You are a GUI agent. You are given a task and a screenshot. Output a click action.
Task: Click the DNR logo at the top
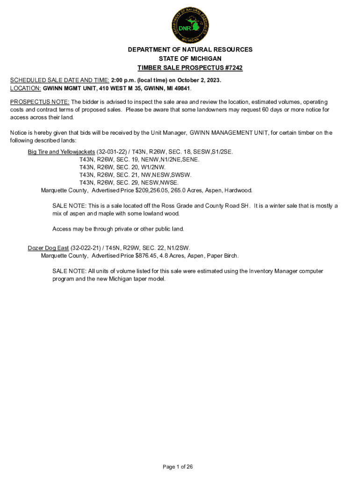pos(190,26)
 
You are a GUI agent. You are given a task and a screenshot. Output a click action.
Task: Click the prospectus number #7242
pos(232,68)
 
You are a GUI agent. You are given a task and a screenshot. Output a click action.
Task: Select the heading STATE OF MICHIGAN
pos(190,58)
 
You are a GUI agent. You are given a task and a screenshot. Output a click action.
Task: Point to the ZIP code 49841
pos(183,88)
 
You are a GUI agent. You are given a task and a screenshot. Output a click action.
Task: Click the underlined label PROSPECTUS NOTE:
pos(40,102)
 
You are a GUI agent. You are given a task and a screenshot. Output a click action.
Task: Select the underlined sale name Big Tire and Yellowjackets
pos(61,152)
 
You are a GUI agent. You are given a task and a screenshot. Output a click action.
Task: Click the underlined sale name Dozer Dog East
pos(48,248)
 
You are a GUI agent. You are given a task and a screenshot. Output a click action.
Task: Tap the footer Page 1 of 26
pos(178,467)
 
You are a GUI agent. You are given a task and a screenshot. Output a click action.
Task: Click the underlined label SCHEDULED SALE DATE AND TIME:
pos(60,80)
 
